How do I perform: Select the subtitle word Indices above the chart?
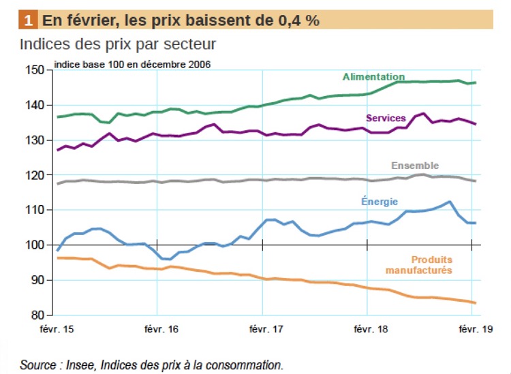pos(44,45)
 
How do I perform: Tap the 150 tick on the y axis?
pos(35,70)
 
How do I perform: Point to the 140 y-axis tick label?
pos(35,106)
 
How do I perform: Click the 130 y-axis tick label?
pos(35,140)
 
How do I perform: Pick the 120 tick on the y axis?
pos(35,175)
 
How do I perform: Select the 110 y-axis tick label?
pos(35,211)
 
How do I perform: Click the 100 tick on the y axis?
pos(35,245)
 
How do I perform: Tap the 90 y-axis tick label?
pos(37,280)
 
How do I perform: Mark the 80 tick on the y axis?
pos(37,315)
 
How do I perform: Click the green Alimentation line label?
pos(373,77)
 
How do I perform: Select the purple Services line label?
pos(386,118)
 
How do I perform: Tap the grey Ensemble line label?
pos(415,166)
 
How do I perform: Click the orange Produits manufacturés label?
pos(432,265)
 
